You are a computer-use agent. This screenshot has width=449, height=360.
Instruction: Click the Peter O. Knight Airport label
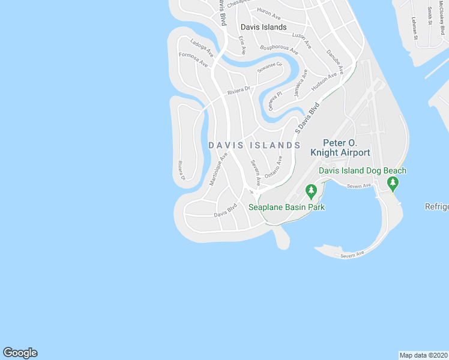pos(346,148)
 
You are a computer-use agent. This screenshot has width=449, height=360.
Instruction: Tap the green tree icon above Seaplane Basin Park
pos(311,192)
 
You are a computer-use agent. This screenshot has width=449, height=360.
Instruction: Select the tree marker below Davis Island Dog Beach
pos(393,182)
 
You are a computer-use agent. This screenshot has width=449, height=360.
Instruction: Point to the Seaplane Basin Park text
pos(286,208)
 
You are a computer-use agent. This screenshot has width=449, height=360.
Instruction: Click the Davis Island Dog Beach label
pos(363,171)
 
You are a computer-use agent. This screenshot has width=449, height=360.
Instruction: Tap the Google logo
pos(20,353)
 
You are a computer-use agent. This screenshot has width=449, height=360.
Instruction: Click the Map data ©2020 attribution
pos(423,355)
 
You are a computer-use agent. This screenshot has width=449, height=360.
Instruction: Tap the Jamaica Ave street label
pos(301,83)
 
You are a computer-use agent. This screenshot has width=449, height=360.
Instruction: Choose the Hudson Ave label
pos(324,79)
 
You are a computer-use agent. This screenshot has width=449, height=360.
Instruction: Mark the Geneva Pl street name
pos(276,98)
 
